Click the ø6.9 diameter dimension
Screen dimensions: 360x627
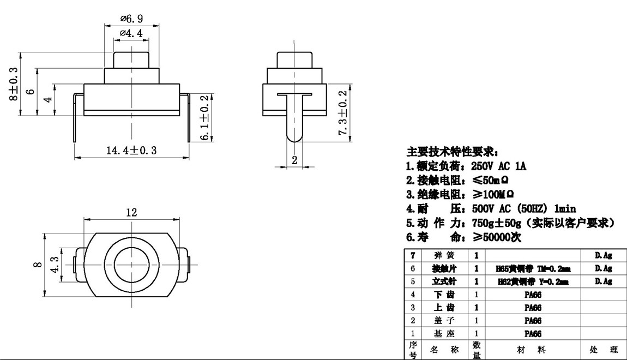(132, 19)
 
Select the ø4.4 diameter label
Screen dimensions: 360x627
(131, 33)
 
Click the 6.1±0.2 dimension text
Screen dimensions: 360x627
(205, 118)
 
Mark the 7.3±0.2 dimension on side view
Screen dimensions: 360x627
(343, 113)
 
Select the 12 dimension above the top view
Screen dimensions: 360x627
(131, 212)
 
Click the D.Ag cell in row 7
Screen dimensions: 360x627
(604, 255)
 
